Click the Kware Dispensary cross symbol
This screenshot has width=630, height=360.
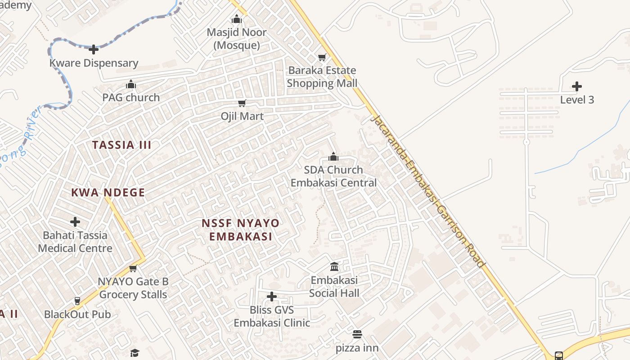pyautogui.click(x=94, y=49)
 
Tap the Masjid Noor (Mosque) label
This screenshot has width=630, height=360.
pyautogui.click(x=236, y=39)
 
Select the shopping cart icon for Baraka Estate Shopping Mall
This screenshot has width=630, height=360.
pyautogui.click(x=322, y=57)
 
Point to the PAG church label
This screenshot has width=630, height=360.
pyautogui.click(x=131, y=97)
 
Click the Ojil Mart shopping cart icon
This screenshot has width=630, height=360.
pyautogui.click(x=242, y=103)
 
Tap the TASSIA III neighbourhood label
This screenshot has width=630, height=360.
pyautogui.click(x=121, y=145)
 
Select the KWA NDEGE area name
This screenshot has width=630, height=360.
pyautogui.click(x=108, y=193)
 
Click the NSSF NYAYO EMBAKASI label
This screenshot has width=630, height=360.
pyautogui.click(x=240, y=230)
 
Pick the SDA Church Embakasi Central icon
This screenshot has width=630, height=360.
pyautogui.click(x=333, y=157)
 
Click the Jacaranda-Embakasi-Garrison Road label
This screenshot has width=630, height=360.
pyautogui.click(x=427, y=191)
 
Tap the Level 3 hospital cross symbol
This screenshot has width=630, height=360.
pyautogui.click(x=577, y=86)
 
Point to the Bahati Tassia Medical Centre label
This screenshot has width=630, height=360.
pyautogui.click(x=75, y=242)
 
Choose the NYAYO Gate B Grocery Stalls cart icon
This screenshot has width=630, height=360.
pyautogui.click(x=133, y=269)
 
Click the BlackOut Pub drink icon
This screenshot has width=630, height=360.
pyautogui.click(x=77, y=301)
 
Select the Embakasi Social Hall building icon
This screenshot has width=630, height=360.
pyautogui.click(x=334, y=266)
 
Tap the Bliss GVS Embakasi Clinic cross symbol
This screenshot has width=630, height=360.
pyautogui.click(x=272, y=297)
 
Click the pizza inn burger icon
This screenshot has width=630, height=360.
pyautogui.click(x=357, y=334)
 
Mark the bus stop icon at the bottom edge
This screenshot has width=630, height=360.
pyautogui.click(x=558, y=356)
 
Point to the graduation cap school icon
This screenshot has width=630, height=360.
pyautogui.click(x=135, y=353)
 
